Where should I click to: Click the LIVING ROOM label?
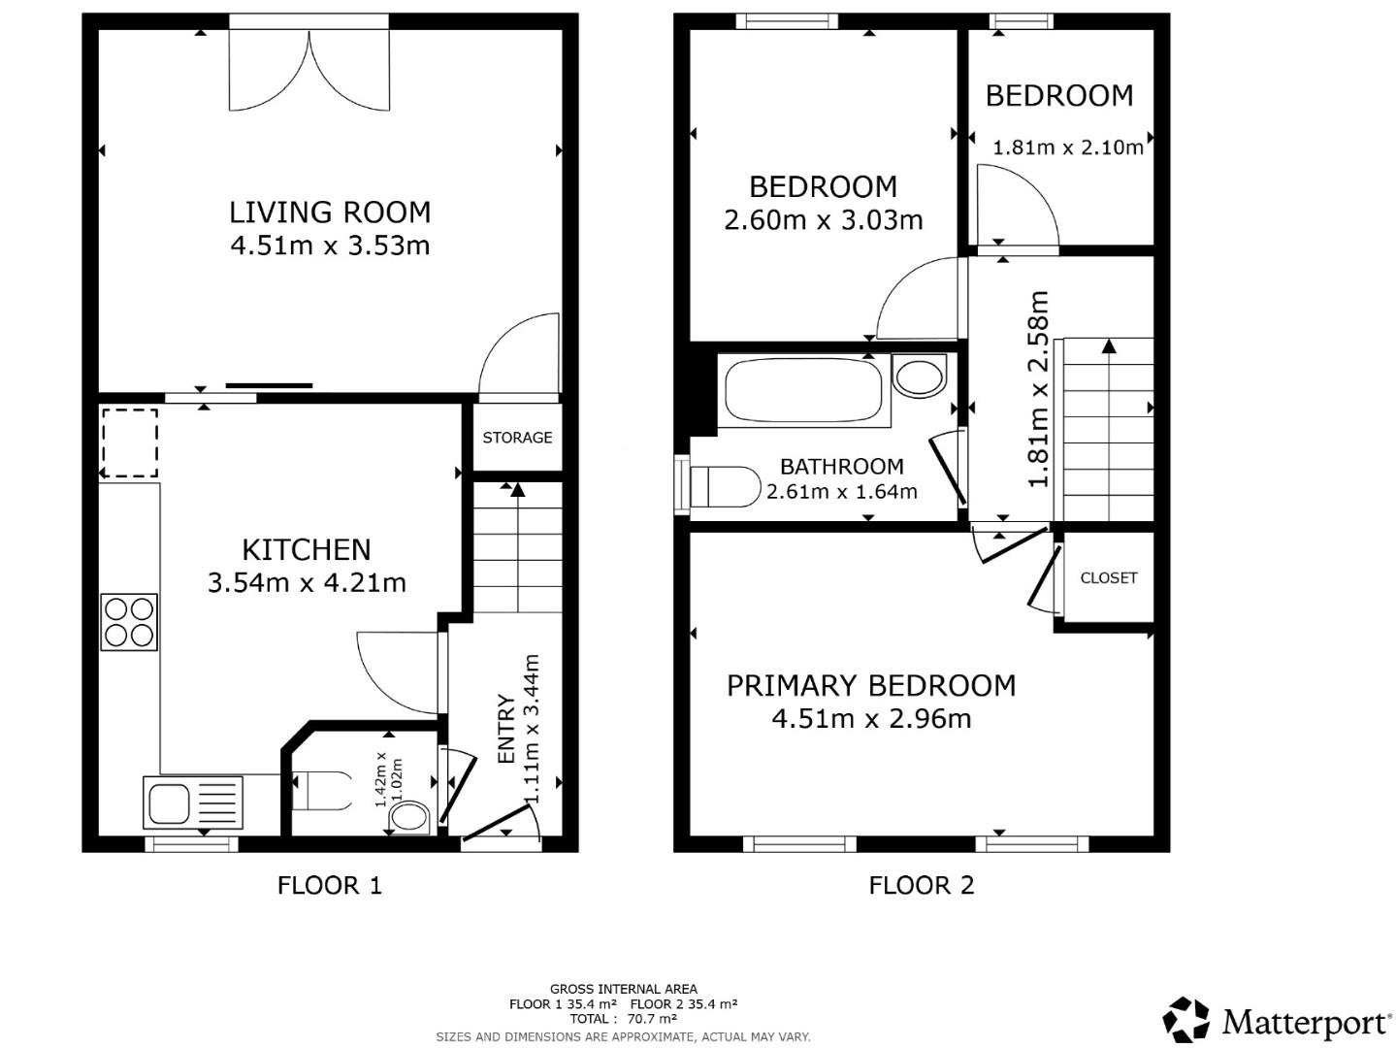click(330, 212)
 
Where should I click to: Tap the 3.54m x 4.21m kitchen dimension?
click(307, 582)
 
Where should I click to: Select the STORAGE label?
click(517, 438)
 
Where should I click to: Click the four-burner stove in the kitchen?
click(129, 622)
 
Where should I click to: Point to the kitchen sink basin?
click(168, 802)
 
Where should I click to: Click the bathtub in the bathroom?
click(803, 391)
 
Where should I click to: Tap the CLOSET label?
click(1108, 577)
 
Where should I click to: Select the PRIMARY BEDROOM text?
click(870, 686)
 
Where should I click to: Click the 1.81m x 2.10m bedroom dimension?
click(1067, 147)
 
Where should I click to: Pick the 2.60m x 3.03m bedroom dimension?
click(823, 220)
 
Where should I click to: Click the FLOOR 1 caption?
click(330, 885)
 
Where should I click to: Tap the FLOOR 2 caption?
click(921, 885)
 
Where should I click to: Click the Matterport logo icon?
click(1186, 1021)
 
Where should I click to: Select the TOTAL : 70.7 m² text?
click(623, 1019)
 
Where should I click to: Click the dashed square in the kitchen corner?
click(129, 443)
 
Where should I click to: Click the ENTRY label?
click(505, 729)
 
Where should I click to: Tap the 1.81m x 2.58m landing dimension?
click(1039, 389)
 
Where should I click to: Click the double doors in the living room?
click(308, 70)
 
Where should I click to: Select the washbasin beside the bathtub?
click(919, 376)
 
